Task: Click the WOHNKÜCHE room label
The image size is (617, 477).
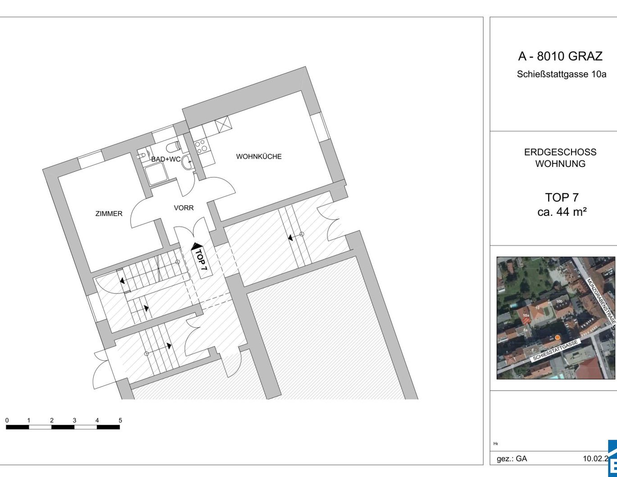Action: (x=259, y=157)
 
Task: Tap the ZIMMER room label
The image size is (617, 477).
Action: (x=109, y=214)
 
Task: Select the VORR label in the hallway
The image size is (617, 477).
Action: (x=184, y=208)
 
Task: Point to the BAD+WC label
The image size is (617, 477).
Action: (x=166, y=159)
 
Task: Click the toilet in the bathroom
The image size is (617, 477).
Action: (x=173, y=147)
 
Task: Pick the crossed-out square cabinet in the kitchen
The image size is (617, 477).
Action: (x=222, y=124)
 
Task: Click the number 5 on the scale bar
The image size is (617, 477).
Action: (x=120, y=420)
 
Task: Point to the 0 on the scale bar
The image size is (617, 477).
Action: (x=7, y=420)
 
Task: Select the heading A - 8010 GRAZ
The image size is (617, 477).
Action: (x=560, y=56)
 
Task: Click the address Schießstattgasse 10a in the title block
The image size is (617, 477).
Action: (x=561, y=74)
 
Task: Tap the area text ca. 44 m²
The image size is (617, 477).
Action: (x=562, y=211)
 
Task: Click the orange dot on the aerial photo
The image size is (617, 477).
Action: (x=557, y=337)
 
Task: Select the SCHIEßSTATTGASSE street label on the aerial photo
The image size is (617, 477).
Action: (x=555, y=351)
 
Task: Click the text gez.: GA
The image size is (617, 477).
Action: (x=512, y=459)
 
